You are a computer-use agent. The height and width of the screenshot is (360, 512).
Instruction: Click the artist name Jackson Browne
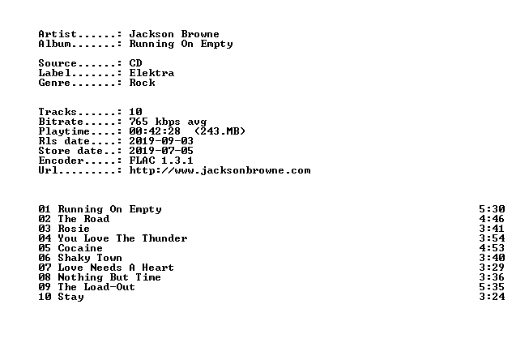pyautogui.click(x=174, y=34)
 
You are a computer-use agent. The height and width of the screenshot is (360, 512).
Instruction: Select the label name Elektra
pyautogui.click(x=151, y=73)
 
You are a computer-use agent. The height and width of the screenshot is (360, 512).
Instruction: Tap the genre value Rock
pyautogui.click(x=142, y=83)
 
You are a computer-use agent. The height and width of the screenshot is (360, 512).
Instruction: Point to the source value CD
pyautogui.click(x=135, y=63)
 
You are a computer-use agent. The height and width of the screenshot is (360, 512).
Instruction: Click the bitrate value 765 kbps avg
pyautogui.click(x=168, y=122)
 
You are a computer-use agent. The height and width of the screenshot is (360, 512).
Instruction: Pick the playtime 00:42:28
pyautogui.click(x=155, y=131)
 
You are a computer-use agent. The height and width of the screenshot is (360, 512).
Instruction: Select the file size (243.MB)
pyautogui.click(x=220, y=131)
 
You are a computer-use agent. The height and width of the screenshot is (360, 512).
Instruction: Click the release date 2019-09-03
pyautogui.click(x=161, y=141)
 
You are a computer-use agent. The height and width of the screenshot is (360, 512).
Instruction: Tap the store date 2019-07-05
pyautogui.click(x=161, y=151)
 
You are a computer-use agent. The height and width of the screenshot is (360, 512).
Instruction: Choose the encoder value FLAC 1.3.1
pyautogui.click(x=161, y=161)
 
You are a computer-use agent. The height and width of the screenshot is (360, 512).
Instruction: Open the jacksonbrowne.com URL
pyautogui.click(x=220, y=170)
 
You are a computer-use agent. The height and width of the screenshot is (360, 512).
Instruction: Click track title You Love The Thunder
pyautogui.click(x=122, y=238)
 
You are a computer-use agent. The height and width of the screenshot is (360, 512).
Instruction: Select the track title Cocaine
pyautogui.click(x=80, y=248)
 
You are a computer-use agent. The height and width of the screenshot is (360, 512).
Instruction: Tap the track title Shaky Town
pyautogui.click(x=90, y=258)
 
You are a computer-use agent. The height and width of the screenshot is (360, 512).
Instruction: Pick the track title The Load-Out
pyautogui.click(x=96, y=287)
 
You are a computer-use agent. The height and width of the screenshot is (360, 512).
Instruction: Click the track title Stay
pyautogui.click(x=70, y=297)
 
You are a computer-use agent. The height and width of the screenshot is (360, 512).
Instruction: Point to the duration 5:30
pyautogui.click(x=492, y=209)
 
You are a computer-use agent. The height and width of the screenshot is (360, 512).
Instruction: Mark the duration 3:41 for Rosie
pyautogui.click(x=492, y=229)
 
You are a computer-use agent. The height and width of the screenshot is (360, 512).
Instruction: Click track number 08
pyautogui.click(x=45, y=277)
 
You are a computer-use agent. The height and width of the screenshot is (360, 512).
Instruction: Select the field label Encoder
pyautogui.click(x=61, y=161)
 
